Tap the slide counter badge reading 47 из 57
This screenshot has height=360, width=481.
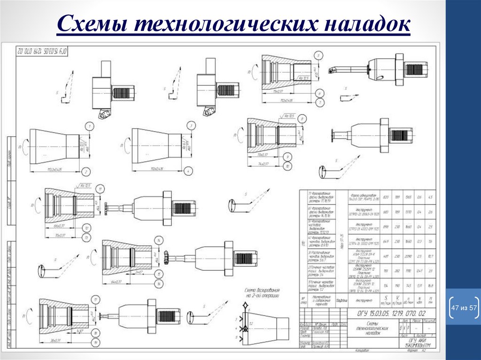coord(463,308)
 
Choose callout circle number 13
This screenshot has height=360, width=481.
coord(88,238)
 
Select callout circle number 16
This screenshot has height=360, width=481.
coord(161,284)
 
